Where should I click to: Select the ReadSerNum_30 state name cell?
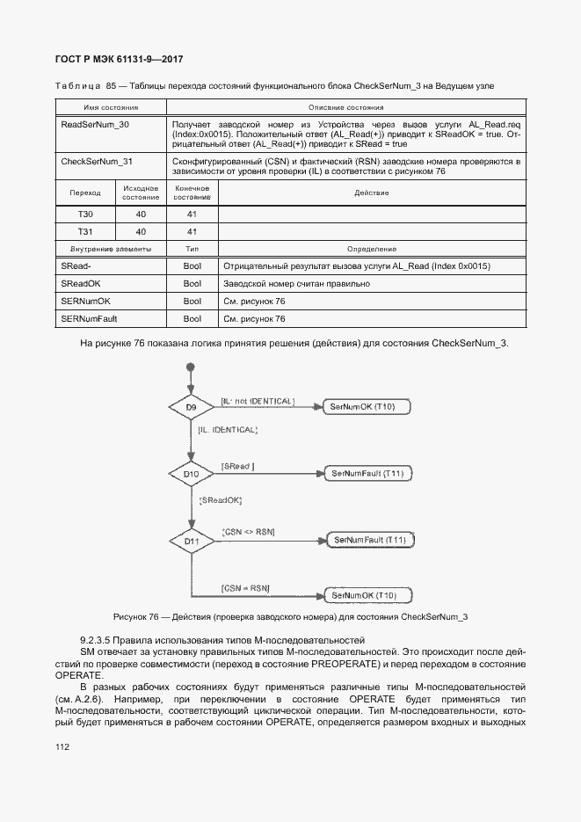(x=95, y=125)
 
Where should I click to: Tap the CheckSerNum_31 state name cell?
(x=97, y=162)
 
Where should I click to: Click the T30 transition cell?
(x=84, y=214)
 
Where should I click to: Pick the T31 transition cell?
(x=84, y=232)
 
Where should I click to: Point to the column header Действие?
(x=371, y=193)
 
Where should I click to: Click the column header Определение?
(x=371, y=250)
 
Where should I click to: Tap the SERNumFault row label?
(x=89, y=319)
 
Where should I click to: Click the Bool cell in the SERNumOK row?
(x=192, y=302)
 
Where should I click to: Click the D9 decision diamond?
(x=191, y=408)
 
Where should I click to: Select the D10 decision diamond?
(x=191, y=475)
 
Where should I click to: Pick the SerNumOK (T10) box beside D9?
(x=361, y=407)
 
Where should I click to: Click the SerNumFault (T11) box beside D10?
(x=367, y=474)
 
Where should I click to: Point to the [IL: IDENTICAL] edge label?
(x=228, y=430)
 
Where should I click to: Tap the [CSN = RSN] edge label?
(x=245, y=586)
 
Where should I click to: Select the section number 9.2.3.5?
(x=98, y=638)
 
